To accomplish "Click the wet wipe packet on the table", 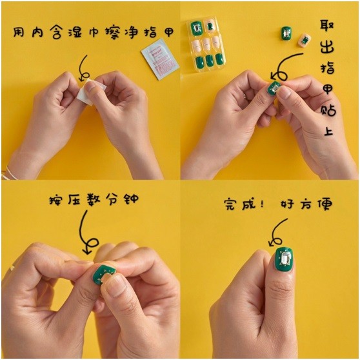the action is tap(160, 59).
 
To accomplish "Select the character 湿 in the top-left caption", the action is tap(75, 33).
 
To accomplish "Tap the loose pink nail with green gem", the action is tap(305, 41).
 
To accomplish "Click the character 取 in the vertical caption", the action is tap(327, 27).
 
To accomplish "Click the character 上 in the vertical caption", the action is tap(328, 129).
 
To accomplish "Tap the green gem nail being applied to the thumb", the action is tap(274, 88).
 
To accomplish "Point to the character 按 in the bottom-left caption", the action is tap(55, 199).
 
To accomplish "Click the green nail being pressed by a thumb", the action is tap(104, 275).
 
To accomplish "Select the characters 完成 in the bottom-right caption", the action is tap(239, 204).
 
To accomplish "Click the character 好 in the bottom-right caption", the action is tap(287, 204).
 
